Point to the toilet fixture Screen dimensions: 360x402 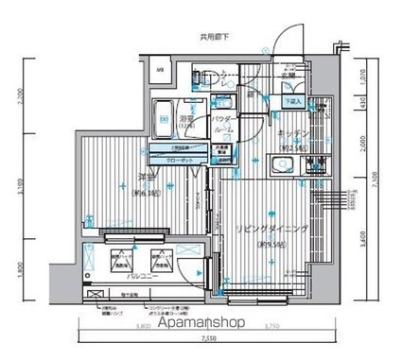pyautogui.click(x=201, y=76)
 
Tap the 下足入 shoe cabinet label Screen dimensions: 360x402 pyautogui.click(x=293, y=100)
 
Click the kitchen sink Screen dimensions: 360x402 pyautogui.click(x=281, y=169)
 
